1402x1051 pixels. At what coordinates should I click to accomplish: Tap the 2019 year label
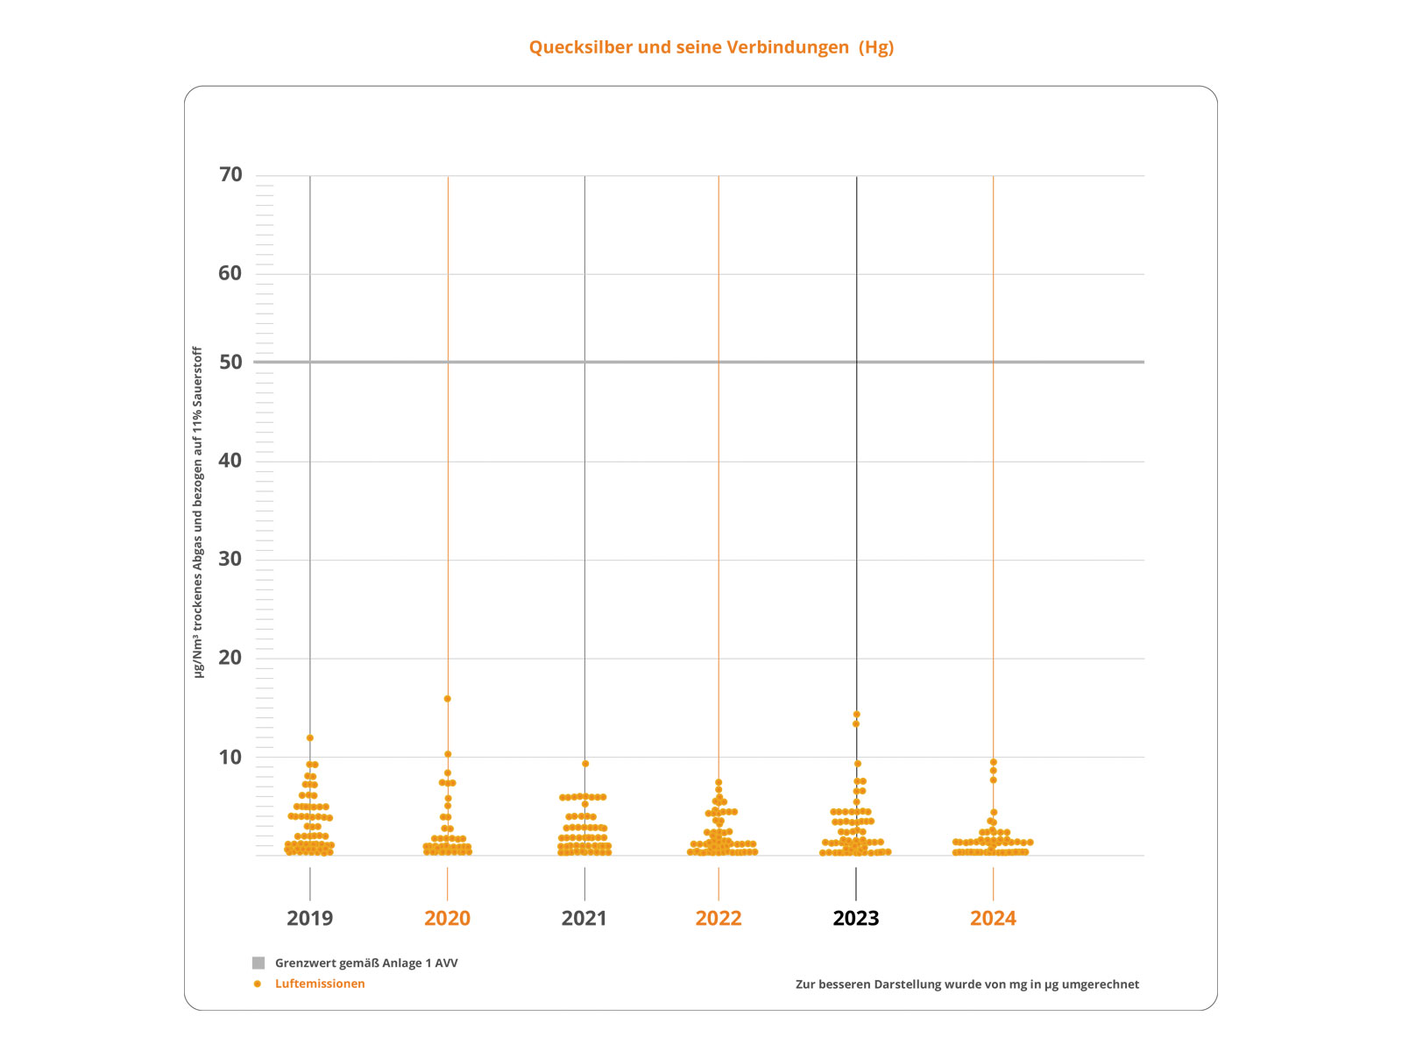(x=309, y=918)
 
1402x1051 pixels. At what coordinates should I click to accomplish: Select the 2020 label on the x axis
(x=447, y=918)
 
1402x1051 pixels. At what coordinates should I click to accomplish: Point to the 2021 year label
(x=584, y=918)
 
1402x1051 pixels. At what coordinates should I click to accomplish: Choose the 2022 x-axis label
(x=719, y=918)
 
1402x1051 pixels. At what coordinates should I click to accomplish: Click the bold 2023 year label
(x=856, y=918)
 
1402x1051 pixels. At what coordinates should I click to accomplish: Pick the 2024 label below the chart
(x=993, y=918)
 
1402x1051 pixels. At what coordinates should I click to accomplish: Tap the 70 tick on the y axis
(x=230, y=175)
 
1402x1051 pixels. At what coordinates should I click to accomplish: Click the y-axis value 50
(x=230, y=362)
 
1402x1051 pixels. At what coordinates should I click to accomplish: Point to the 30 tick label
(x=230, y=559)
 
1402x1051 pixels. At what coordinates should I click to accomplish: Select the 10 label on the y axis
(x=230, y=757)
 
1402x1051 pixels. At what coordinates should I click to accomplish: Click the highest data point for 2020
(x=448, y=699)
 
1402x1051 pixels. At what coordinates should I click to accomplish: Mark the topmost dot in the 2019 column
(x=310, y=738)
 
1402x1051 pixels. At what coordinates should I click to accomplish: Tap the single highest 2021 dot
(x=585, y=764)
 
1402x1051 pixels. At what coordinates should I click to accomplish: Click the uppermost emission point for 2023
(x=857, y=715)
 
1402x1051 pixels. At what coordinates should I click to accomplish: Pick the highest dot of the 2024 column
(x=994, y=762)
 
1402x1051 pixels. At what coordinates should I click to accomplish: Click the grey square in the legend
(x=258, y=963)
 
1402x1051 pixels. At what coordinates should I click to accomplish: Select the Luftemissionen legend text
(x=320, y=984)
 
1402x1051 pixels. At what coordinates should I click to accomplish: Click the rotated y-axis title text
(x=198, y=512)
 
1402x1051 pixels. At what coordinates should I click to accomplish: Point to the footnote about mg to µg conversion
(x=967, y=984)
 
